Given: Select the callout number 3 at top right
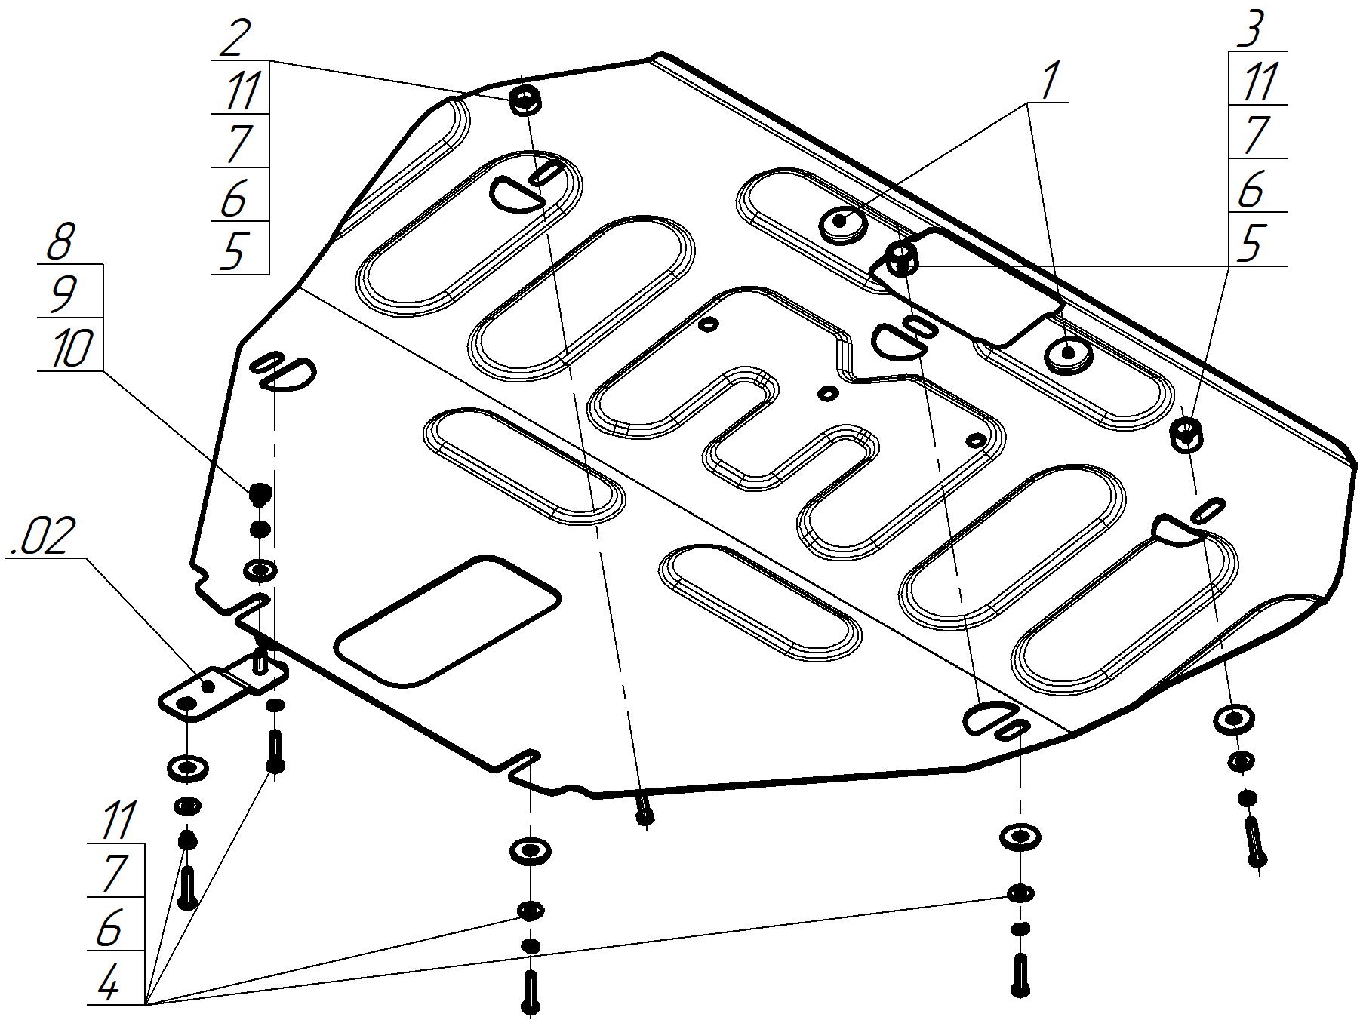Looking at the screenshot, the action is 1252,31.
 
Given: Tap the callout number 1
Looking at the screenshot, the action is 1051,81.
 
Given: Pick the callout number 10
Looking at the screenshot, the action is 71,349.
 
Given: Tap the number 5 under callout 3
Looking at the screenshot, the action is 1251,244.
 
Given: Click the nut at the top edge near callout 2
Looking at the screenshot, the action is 524,100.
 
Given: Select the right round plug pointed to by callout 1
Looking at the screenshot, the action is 1068,353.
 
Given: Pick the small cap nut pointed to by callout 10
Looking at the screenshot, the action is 260,494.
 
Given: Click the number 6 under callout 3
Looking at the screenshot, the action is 1251,190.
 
